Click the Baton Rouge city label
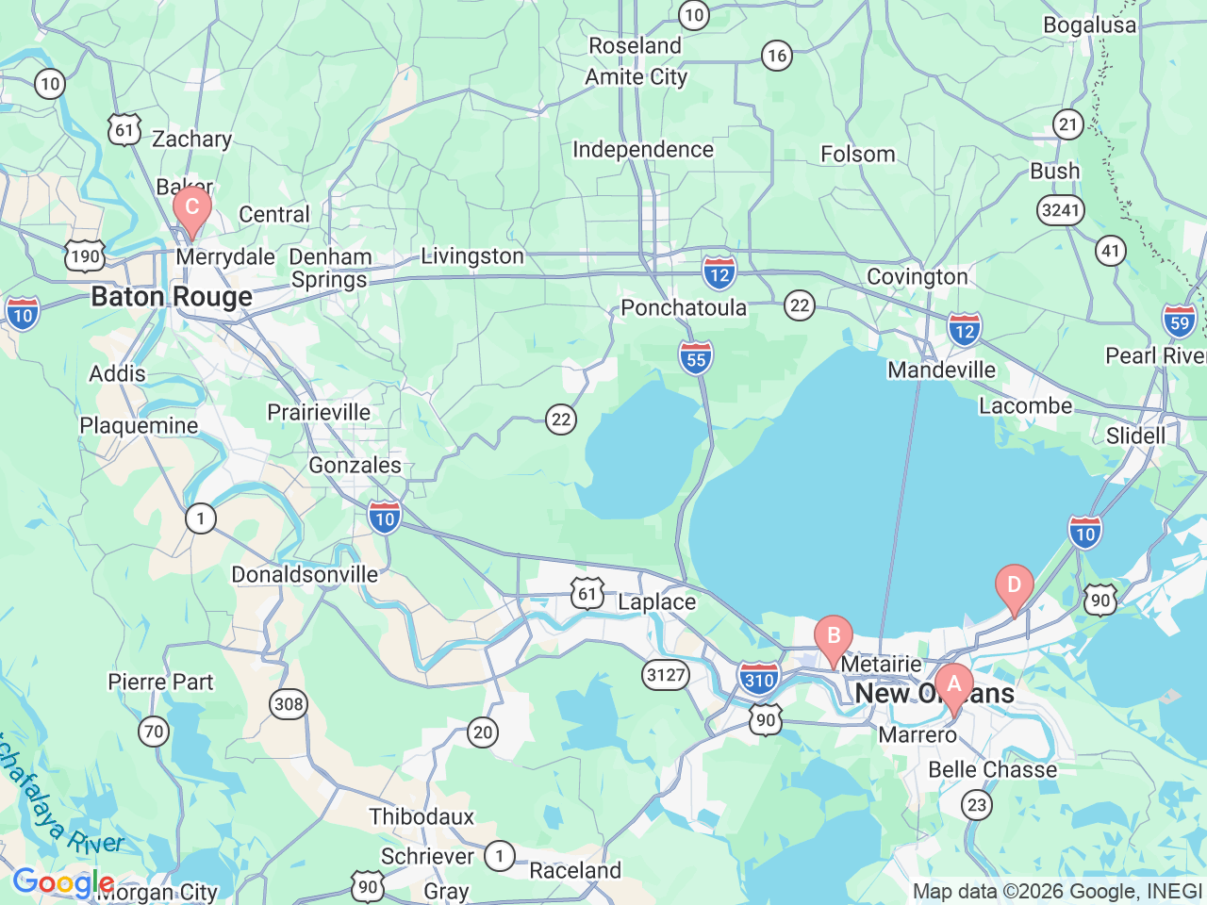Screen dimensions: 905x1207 (172, 297)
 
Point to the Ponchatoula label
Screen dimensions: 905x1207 (684, 308)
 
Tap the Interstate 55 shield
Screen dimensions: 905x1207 (696, 357)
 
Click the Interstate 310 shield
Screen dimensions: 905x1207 (758, 679)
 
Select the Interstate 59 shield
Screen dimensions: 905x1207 (1179, 321)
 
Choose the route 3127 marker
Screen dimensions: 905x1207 (666, 674)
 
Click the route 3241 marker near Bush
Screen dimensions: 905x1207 (1061, 209)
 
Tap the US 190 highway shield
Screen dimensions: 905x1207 (85, 255)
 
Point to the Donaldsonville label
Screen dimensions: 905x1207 (305, 574)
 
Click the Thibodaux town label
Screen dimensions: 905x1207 (422, 816)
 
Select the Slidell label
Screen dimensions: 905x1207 (1135, 436)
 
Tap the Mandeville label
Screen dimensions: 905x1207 (941, 370)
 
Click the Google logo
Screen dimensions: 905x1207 (62, 883)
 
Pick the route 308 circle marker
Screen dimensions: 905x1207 (289, 703)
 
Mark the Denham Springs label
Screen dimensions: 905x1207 (330, 268)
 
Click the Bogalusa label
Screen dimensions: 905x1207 (1089, 25)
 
